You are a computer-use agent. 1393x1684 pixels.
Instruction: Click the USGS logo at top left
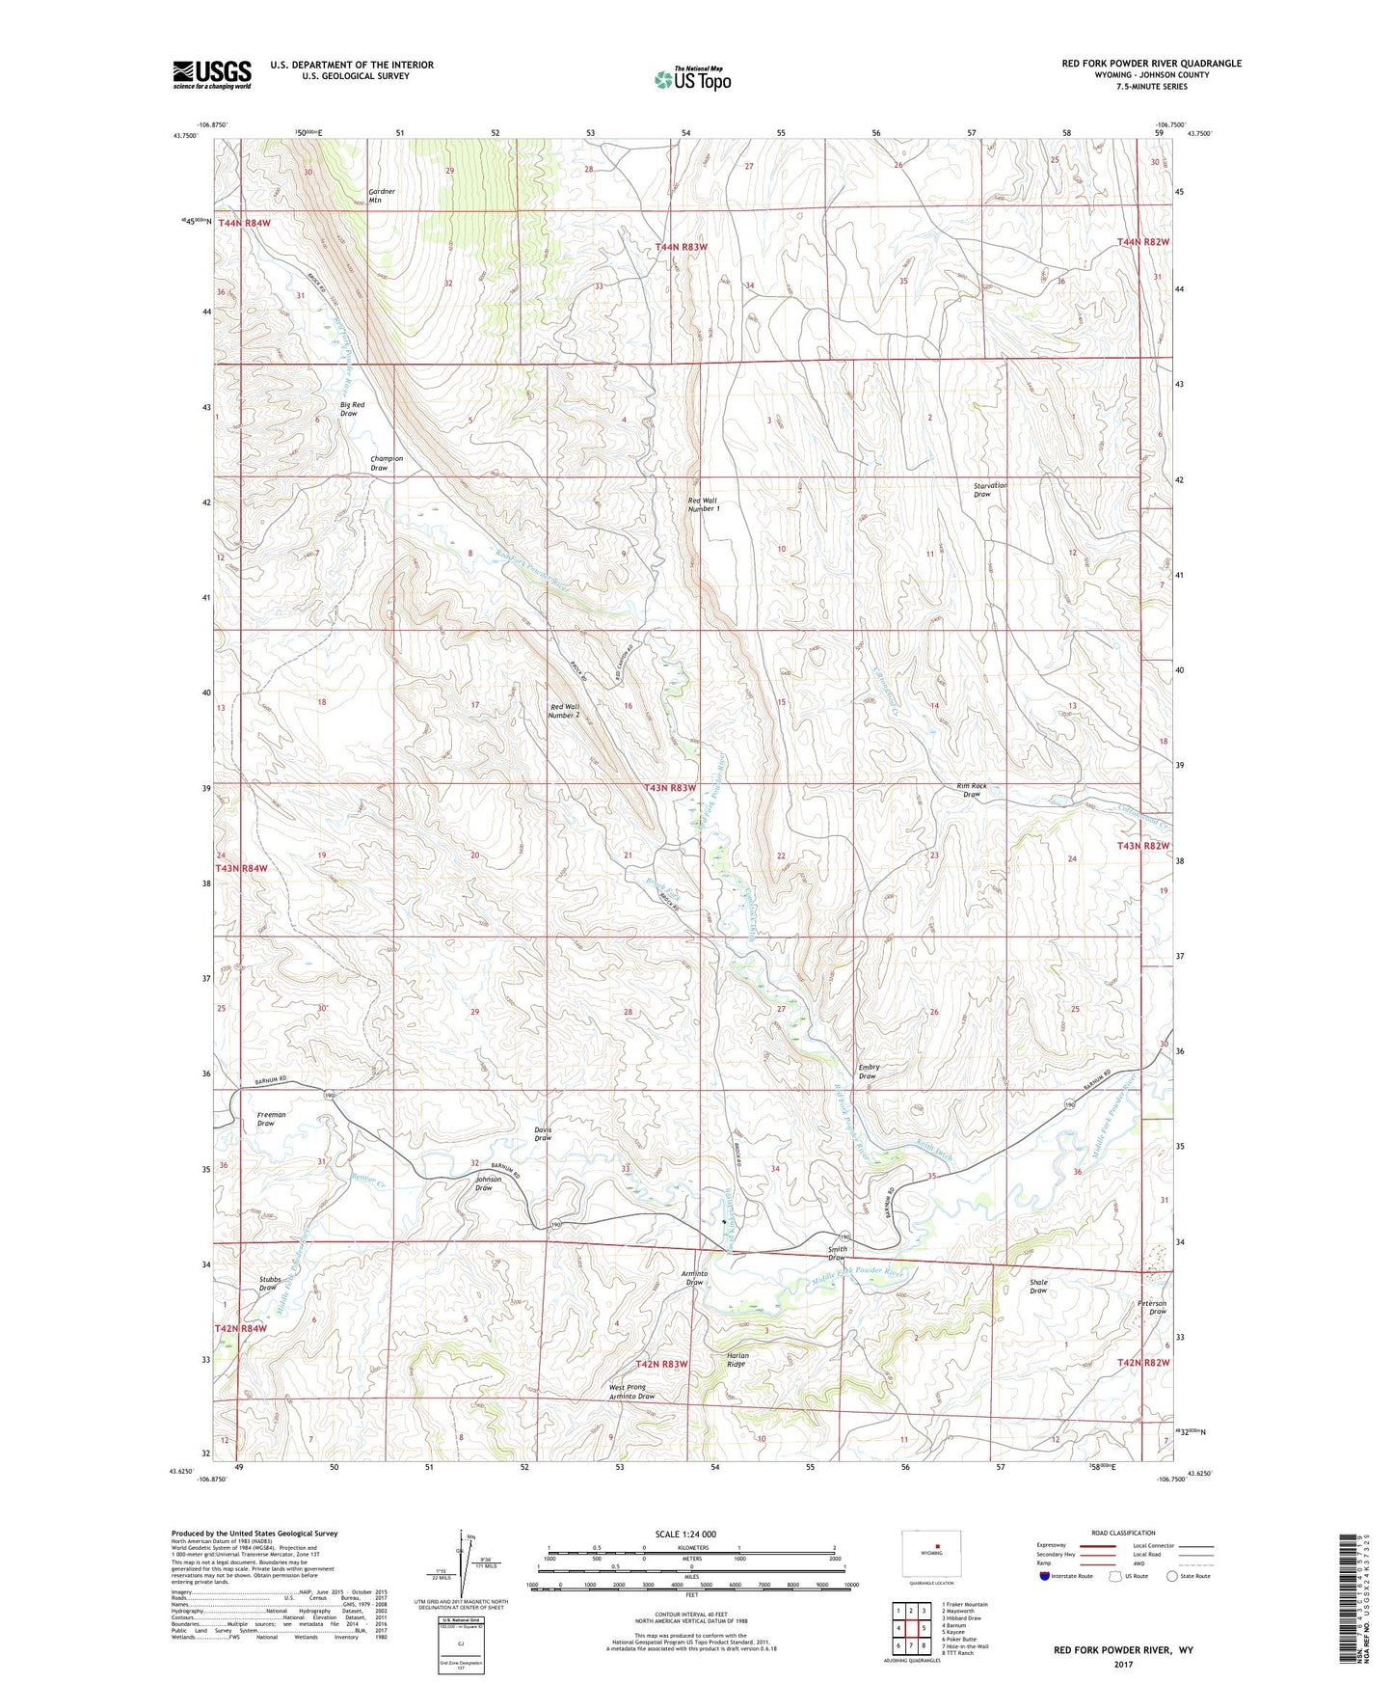pyautogui.click(x=212, y=74)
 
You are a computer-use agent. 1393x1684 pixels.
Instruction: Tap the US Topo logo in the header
pyautogui.click(x=692, y=79)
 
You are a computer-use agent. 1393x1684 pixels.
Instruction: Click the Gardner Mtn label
pyautogui.click(x=382, y=196)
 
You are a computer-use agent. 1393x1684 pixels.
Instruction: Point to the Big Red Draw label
pyautogui.click(x=352, y=409)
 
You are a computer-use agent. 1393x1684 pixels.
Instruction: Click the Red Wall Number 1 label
pyautogui.click(x=703, y=504)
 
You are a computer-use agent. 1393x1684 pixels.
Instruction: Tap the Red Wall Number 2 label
pyautogui.click(x=564, y=711)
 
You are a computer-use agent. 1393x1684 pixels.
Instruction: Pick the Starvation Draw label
pyautogui.click(x=990, y=490)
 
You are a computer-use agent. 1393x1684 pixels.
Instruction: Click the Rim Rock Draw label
pyautogui.click(x=972, y=790)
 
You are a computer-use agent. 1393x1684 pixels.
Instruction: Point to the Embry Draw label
pyautogui.click(x=868, y=1072)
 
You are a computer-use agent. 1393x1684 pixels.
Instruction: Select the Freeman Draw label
pyautogui.click(x=271, y=1119)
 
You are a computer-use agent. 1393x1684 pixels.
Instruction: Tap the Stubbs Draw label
pyautogui.click(x=268, y=1284)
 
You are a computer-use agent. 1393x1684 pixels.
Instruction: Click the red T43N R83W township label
pyautogui.click(x=670, y=788)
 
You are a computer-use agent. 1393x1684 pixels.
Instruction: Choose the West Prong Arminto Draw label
pyautogui.click(x=631, y=1392)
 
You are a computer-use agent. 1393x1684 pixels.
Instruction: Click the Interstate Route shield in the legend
pyautogui.click(x=1045, y=1576)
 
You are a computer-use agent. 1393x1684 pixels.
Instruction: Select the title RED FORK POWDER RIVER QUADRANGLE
pyautogui.click(x=1151, y=64)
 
